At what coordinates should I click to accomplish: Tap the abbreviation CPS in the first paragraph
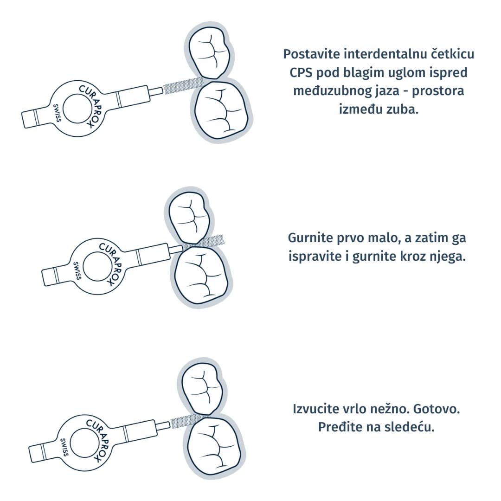coord(302,73)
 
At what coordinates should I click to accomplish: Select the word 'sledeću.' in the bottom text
coord(411,427)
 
